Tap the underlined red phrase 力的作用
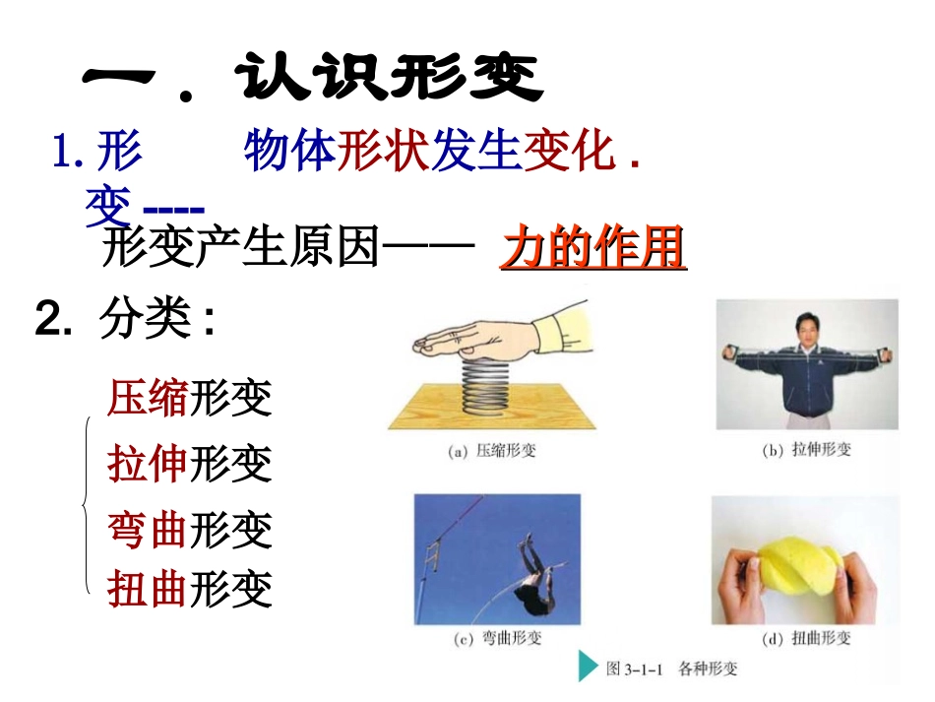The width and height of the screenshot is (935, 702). point(592,250)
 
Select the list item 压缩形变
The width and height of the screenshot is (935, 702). point(190,399)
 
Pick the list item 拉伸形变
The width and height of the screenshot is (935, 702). point(190,463)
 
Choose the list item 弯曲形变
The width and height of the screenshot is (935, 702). point(190,530)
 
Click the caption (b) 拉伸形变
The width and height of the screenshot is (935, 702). point(806,450)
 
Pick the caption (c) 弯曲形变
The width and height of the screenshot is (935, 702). point(498,638)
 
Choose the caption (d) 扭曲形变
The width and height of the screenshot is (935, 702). point(806,638)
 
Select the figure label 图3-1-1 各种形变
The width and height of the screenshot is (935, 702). point(672,670)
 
